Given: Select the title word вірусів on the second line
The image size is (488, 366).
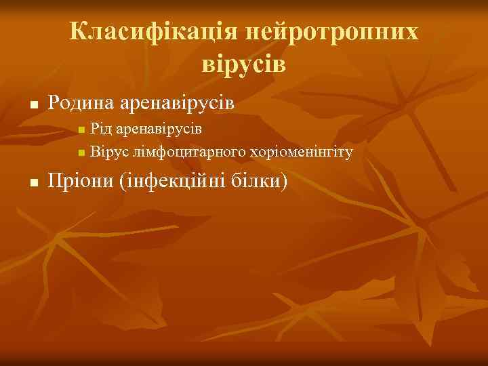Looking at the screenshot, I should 244,64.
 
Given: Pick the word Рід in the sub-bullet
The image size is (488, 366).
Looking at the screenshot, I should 102,127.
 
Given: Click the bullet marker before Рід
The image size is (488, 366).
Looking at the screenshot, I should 81,129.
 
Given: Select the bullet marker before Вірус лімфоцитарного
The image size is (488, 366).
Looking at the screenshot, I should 81,152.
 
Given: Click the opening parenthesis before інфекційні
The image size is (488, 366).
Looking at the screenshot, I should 122,181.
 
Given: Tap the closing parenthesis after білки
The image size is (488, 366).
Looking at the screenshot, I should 285,181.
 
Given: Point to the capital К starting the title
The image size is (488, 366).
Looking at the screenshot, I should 77,31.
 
